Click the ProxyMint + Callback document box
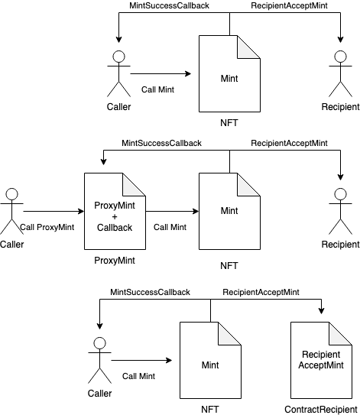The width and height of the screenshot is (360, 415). tap(115, 211)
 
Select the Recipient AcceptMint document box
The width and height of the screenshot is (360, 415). tap(321, 360)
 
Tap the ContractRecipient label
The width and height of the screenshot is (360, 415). tap(321, 410)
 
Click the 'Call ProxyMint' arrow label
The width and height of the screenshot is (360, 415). tap(47, 227)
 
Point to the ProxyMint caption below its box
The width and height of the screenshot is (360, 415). tap(115, 261)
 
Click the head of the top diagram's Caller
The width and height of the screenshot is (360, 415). tap(118, 57)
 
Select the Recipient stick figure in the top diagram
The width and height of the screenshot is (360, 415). tap(340, 74)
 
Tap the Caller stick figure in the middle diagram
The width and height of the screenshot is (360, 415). tap(11, 211)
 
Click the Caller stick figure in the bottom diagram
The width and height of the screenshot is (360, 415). tap(99, 360)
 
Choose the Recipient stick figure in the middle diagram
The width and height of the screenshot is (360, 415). tap(340, 211)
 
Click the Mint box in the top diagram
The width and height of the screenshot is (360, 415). tap(229, 74)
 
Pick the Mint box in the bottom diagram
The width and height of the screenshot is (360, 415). tap(210, 360)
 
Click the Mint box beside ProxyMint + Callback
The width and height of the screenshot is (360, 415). tap(229, 211)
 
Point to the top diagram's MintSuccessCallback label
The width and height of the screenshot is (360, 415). tap(169, 5)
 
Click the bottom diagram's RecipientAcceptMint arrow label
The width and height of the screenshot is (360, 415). tap(261, 292)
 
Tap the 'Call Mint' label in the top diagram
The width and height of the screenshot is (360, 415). tap(157, 89)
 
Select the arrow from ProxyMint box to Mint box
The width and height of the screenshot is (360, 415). tap(172, 211)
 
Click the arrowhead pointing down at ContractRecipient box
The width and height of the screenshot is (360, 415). tap(321, 311)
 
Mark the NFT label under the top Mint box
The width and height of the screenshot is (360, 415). tap(229, 123)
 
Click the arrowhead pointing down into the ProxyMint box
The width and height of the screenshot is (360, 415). tap(103, 162)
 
